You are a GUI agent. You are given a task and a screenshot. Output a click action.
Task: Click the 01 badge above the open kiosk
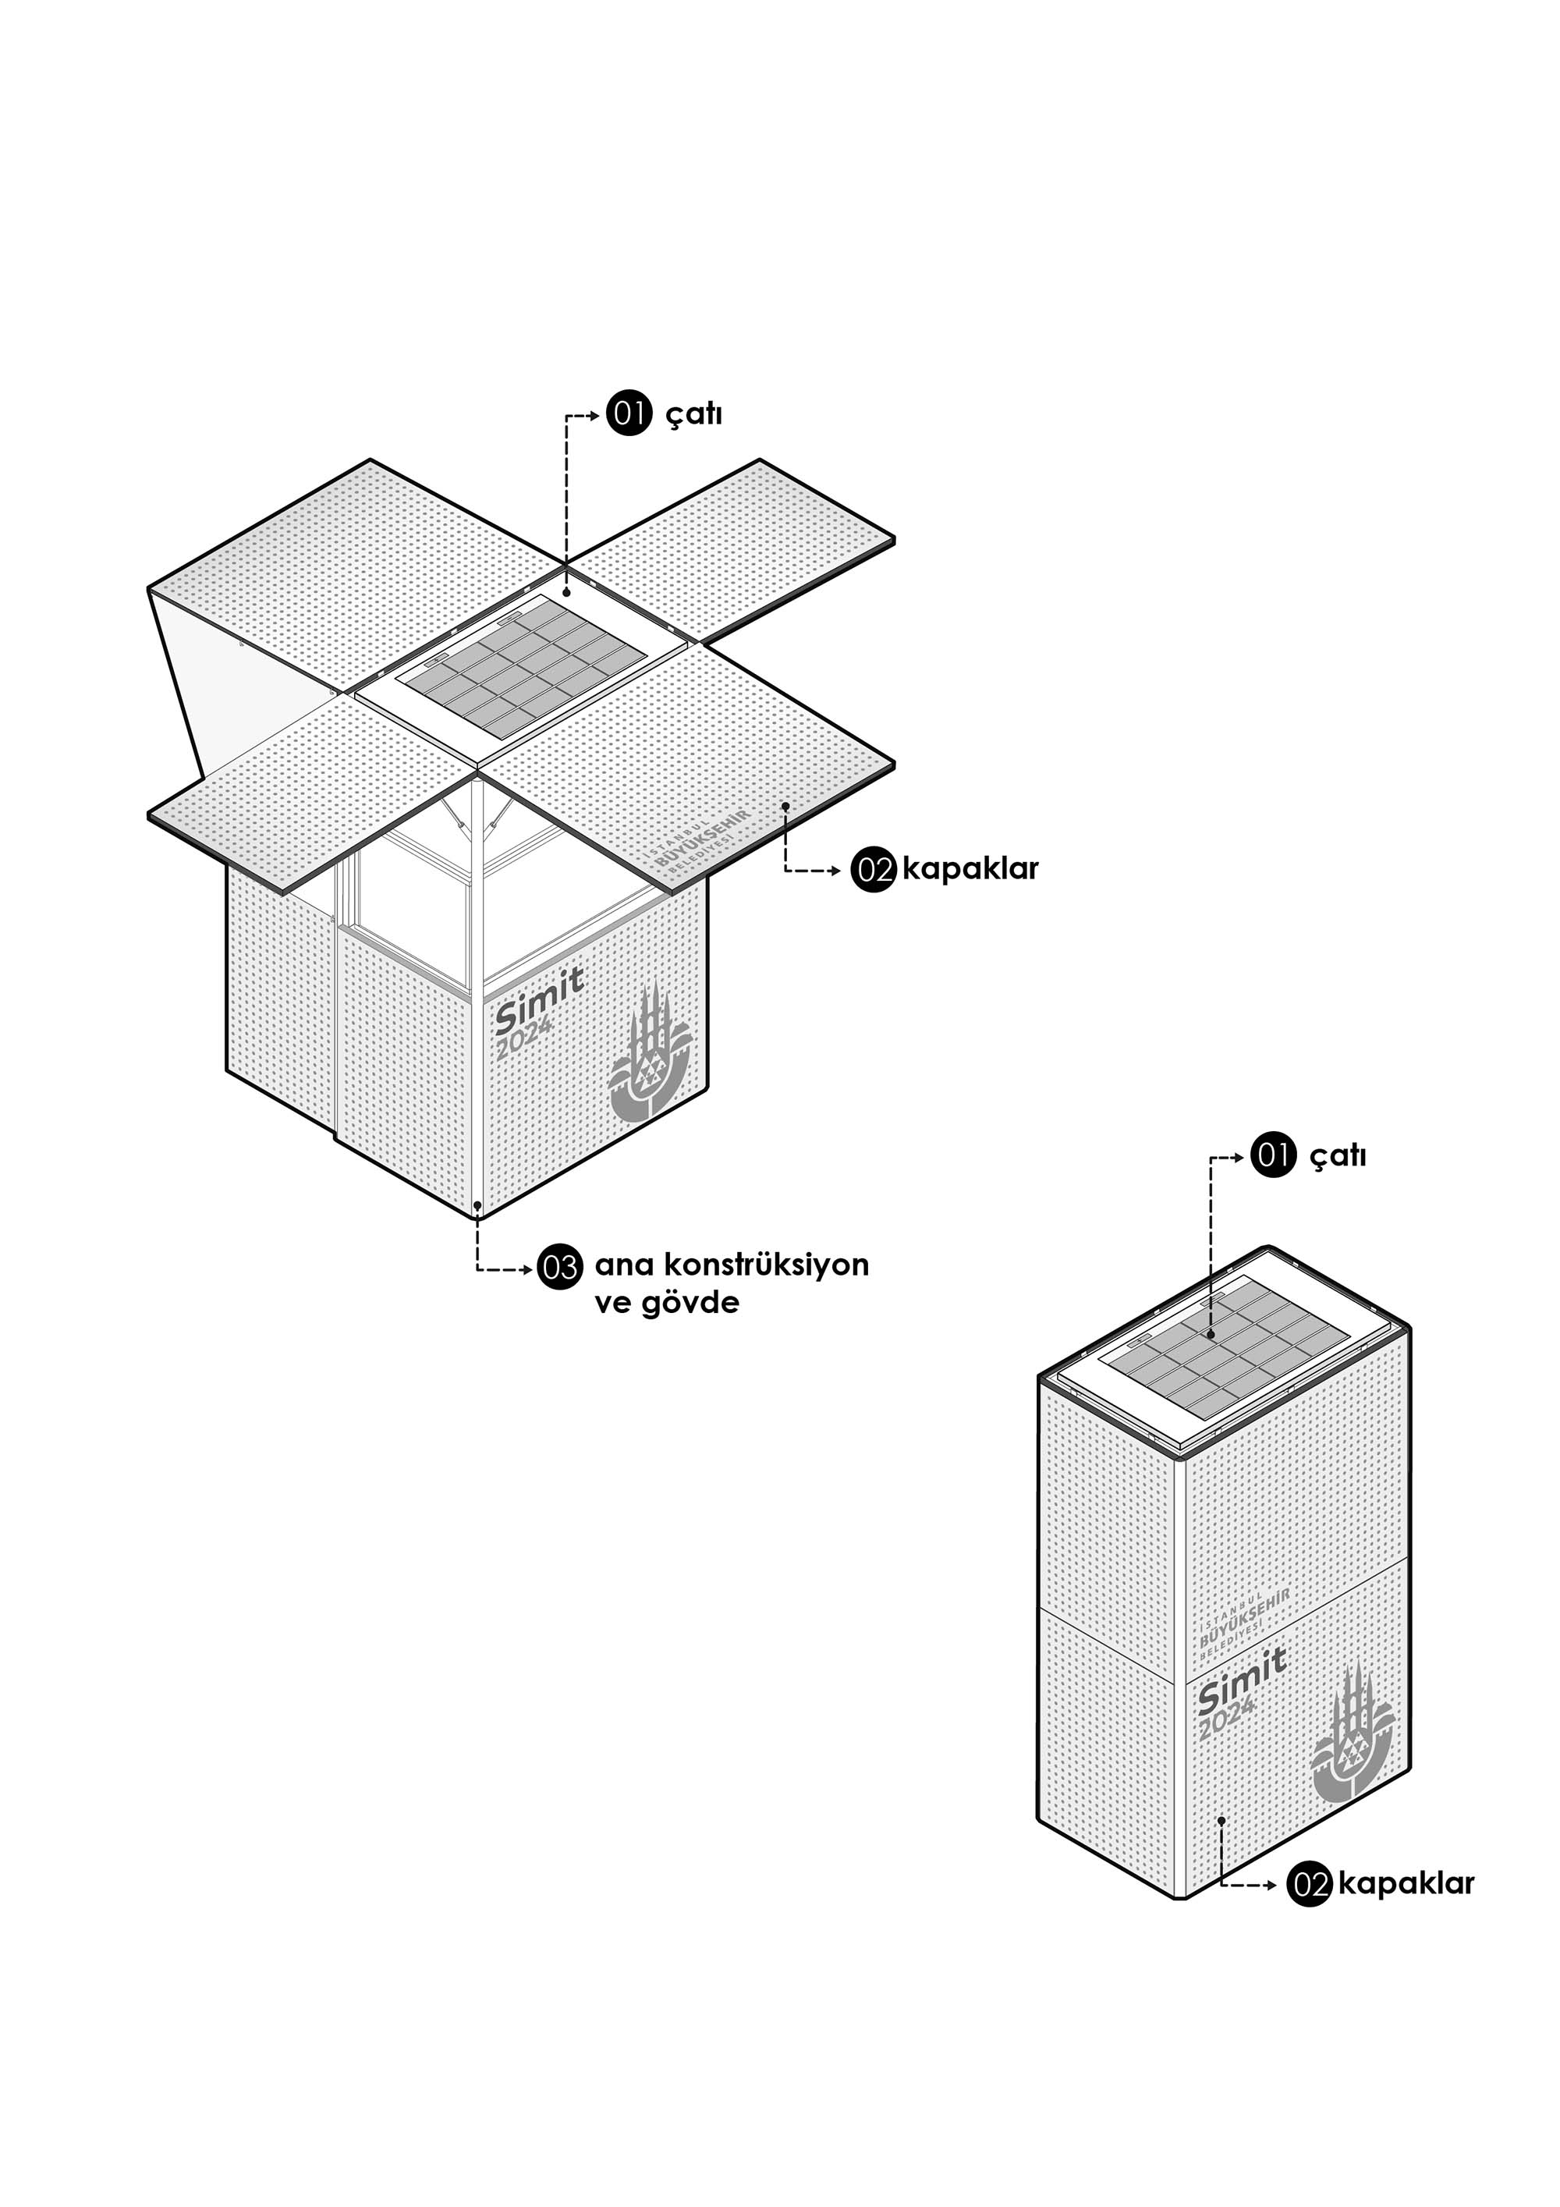(x=629, y=414)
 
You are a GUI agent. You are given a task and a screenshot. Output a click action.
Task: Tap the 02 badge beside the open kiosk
(x=874, y=871)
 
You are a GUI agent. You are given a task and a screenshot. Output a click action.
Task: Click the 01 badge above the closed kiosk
(x=1274, y=1155)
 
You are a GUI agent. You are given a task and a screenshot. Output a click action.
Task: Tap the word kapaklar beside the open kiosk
(x=970, y=869)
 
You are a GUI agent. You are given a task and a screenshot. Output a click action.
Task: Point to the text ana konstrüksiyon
(x=732, y=1265)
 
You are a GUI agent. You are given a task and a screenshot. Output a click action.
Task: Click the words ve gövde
(x=667, y=1304)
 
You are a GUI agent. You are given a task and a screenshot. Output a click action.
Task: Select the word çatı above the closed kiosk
(x=1338, y=1155)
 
